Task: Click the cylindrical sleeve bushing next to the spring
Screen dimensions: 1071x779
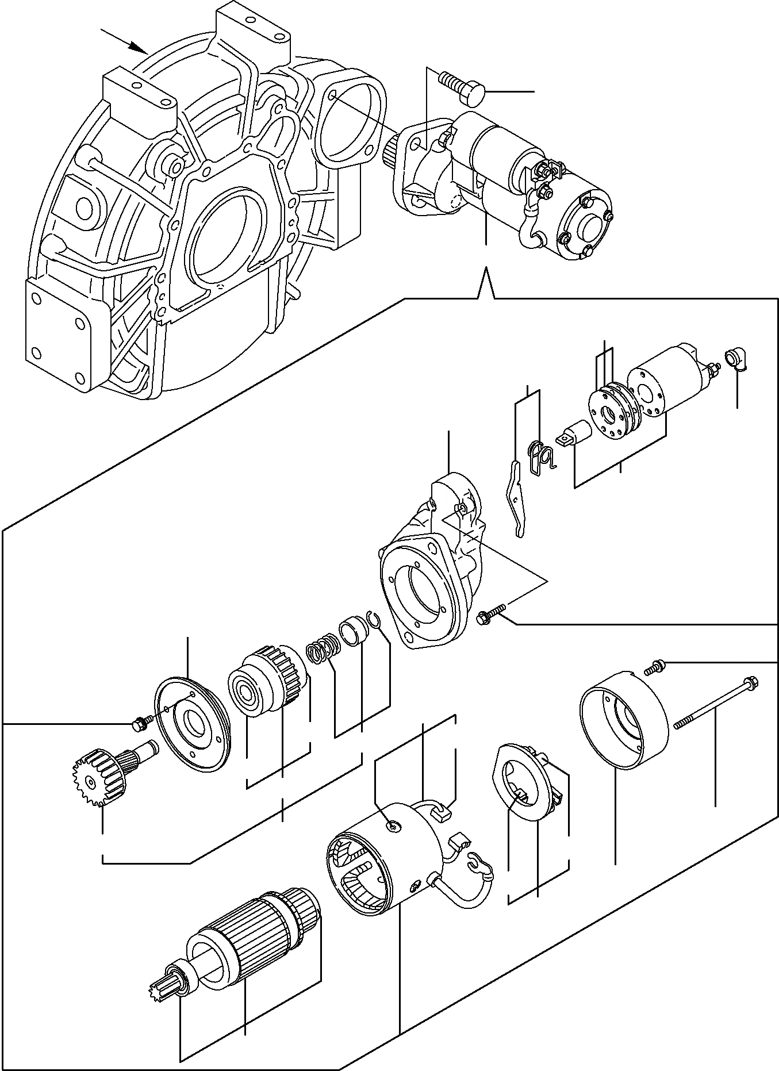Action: click(x=352, y=631)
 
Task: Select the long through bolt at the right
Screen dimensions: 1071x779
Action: click(x=716, y=703)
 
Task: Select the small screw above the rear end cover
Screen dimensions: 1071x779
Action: click(x=654, y=667)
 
